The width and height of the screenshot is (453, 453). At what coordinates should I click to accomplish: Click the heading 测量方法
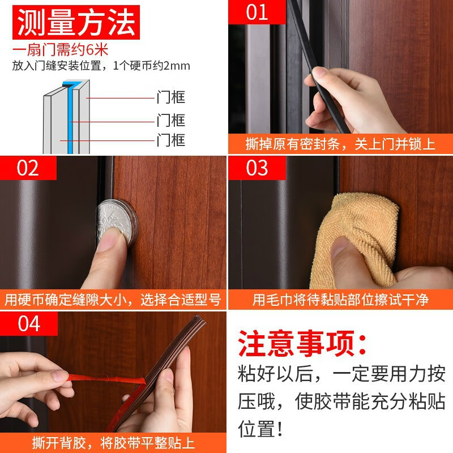pos(76,23)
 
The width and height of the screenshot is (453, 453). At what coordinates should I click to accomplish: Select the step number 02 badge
pos(28,168)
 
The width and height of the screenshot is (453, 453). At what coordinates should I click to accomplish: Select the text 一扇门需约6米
pos(52,50)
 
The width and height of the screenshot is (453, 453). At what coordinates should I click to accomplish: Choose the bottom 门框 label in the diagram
pos(170,140)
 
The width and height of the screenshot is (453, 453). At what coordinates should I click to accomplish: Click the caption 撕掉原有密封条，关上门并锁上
pos(340,143)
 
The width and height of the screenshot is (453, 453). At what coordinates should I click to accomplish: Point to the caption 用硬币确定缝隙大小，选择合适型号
pos(112,300)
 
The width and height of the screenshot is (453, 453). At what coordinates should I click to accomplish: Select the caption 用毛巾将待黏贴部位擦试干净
pos(340,300)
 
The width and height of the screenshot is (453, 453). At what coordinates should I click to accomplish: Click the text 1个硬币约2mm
pos(154,65)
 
